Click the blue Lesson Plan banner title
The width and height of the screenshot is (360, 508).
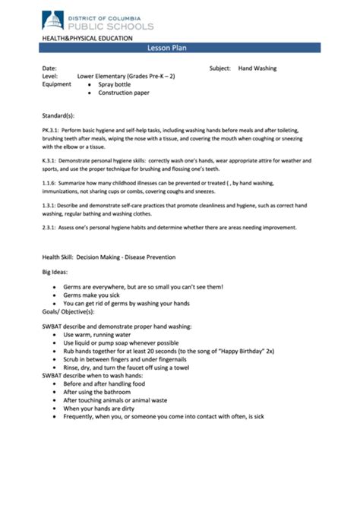(180, 48)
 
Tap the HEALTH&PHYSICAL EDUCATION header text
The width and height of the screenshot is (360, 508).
(87, 37)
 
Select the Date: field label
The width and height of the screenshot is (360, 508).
(49, 68)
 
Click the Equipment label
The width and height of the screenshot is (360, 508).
(58, 85)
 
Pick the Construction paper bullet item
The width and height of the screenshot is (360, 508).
(124, 93)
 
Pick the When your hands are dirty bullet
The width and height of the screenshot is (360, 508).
(106, 408)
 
